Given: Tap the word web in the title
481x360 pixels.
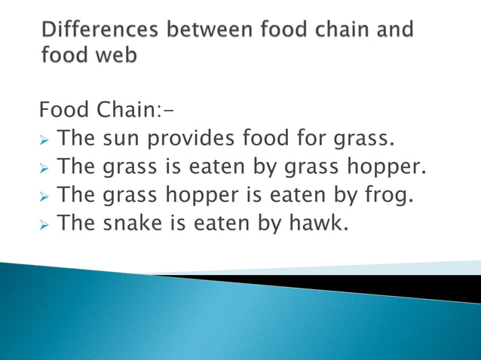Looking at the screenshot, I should point(115,56).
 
